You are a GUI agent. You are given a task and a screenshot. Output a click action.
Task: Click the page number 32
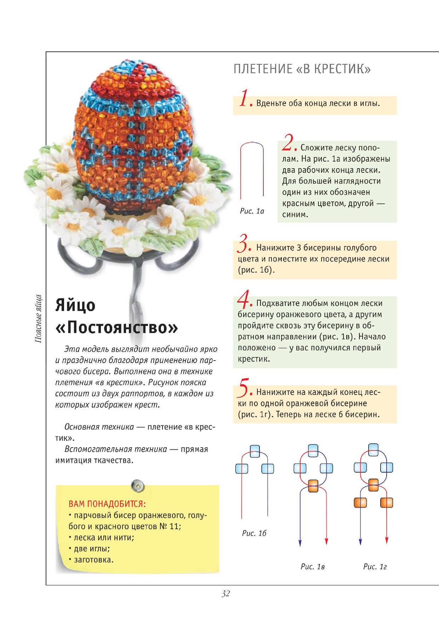point(226,594)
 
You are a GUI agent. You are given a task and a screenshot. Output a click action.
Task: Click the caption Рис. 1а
point(252,211)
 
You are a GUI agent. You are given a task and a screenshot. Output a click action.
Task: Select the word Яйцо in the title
point(75,305)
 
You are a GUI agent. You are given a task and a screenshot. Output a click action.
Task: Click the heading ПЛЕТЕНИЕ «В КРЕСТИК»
point(302,69)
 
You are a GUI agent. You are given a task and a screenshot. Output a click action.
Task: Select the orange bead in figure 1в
point(313,486)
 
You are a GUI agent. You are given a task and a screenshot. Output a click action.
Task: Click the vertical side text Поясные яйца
point(39,318)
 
